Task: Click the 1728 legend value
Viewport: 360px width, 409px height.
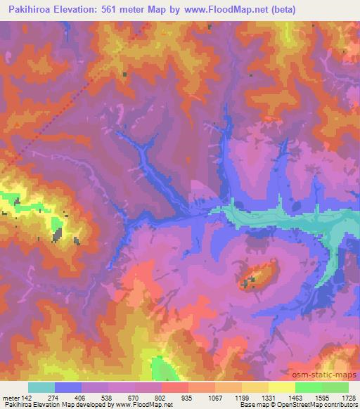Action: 349,397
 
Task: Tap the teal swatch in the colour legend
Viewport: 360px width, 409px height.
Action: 41,387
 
